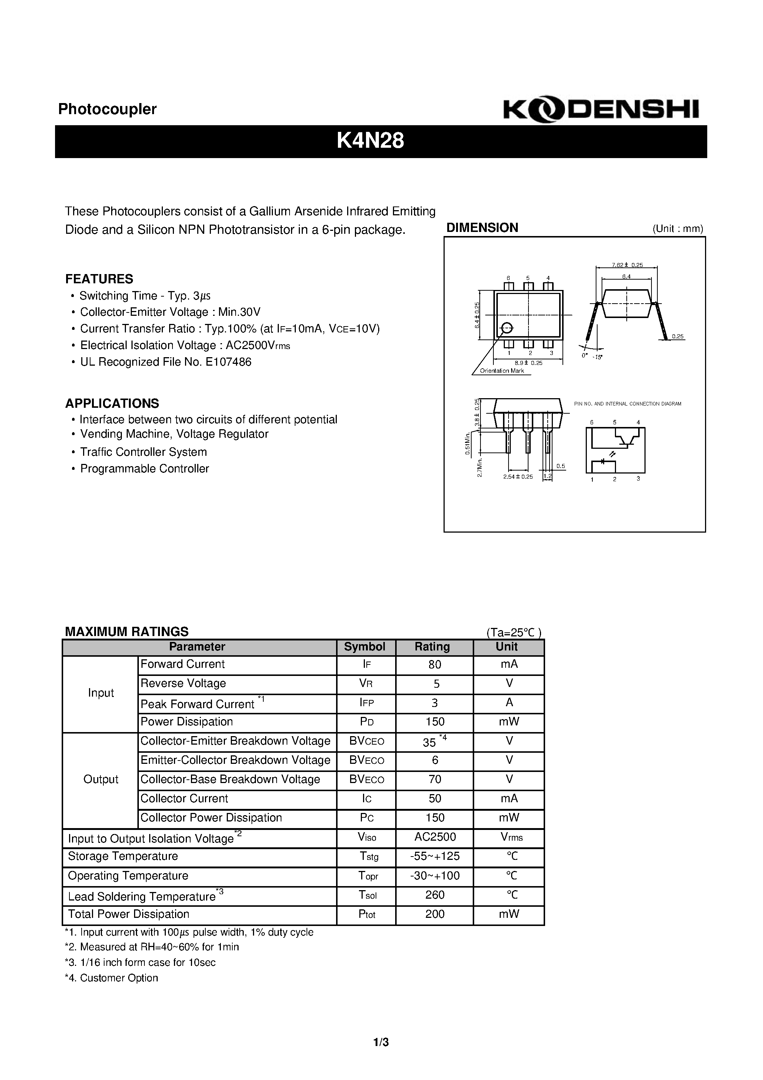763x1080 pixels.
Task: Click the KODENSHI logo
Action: coord(601,110)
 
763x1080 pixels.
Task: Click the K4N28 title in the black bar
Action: coord(370,141)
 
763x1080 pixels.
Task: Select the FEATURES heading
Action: coord(99,279)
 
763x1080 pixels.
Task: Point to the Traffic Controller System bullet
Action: coord(143,452)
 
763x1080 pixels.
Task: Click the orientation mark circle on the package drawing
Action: coord(507,328)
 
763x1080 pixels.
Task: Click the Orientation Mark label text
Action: coord(502,371)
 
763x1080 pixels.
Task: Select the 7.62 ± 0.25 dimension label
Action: coord(627,265)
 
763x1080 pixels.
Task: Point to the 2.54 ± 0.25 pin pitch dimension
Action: coord(517,476)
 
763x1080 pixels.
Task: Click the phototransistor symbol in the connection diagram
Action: coord(626,439)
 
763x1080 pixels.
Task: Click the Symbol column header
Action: coord(365,647)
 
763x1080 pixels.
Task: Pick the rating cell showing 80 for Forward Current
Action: coord(435,664)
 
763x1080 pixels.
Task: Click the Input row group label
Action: coord(101,693)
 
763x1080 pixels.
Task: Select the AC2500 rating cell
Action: coord(435,837)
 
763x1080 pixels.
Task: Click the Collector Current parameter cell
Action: coord(184,798)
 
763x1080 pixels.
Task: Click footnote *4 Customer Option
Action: coord(112,978)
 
